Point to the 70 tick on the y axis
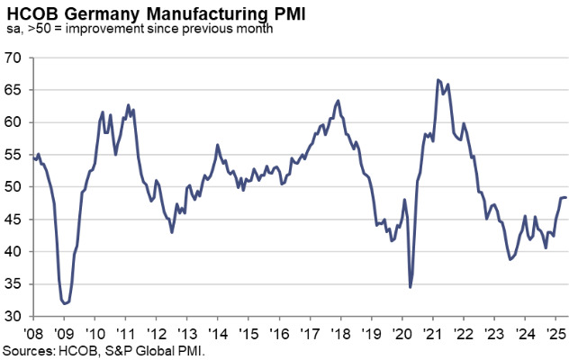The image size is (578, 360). (x=14, y=58)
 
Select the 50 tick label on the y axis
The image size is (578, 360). (x=14, y=187)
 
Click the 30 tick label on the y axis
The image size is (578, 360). (x=14, y=317)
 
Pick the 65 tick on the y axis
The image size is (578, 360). (x=14, y=90)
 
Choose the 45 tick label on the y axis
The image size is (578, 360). (x=14, y=220)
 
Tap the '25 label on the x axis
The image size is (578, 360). (x=557, y=333)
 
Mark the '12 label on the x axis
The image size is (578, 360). (x=156, y=333)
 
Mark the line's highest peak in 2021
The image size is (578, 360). (x=438, y=80)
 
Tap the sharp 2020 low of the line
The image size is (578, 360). (x=411, y=287)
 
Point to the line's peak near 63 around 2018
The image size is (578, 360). (x=338, y=100)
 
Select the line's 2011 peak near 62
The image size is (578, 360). (x=129, y=104)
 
